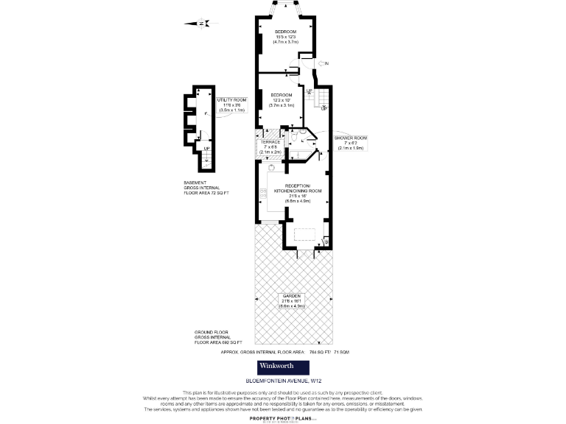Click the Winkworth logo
[282, 367]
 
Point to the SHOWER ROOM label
[350, 138]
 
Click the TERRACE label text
[270, 142]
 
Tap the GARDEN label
[290, 295]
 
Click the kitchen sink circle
[270, 168]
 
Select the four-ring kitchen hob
[263, 193]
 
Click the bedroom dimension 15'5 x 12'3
[285, 38]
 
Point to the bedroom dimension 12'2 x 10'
[282, 100]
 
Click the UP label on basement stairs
[207, 148]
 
